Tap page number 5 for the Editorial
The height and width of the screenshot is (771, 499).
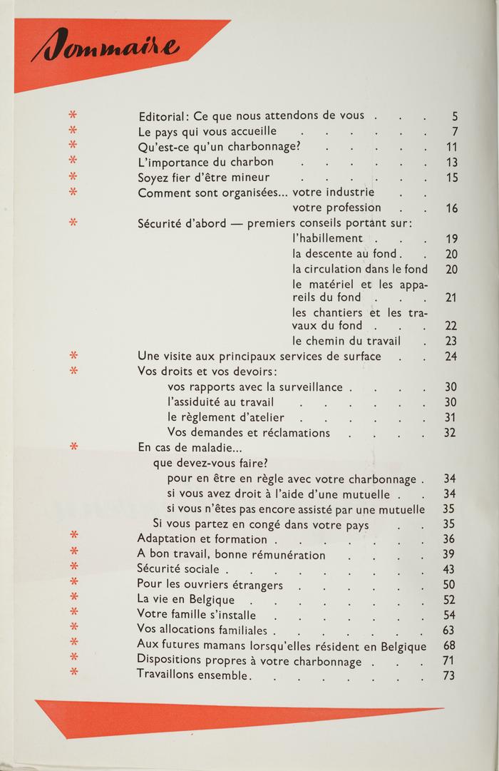pyautogui.click(x=454, y=116)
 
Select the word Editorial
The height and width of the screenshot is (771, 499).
pyautogui.click(x=162, y=116)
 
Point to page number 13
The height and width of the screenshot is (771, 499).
pyautogui.click(x=451, y=163)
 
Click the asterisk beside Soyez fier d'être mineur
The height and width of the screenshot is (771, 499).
pyautogui.click(x=73, y=177)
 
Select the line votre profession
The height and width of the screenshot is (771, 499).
pyautogui.click(x=336, y=208)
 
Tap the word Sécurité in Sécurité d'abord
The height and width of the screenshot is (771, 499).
pyautogui.click(x=160, y=223)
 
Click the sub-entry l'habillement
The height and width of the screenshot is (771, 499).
pyautogui.click(x=328, y=238)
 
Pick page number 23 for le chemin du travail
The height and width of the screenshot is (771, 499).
pyautogui.click(x=451, y=341)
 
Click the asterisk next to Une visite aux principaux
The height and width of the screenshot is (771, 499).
pyautogui.click(x=73, y=355)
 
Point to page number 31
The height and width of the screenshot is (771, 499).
pyautogui.click(x=451, y=417)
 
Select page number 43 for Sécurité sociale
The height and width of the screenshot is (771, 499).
pyautogui.click(x=449, y=569)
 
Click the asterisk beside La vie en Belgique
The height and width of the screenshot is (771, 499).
pyautogui.click(x=73, y=599)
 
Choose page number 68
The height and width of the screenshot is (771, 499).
pyautogui.click(x=449, y=645)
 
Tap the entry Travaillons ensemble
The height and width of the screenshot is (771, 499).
pyautogui.click(x=192, y=675)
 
